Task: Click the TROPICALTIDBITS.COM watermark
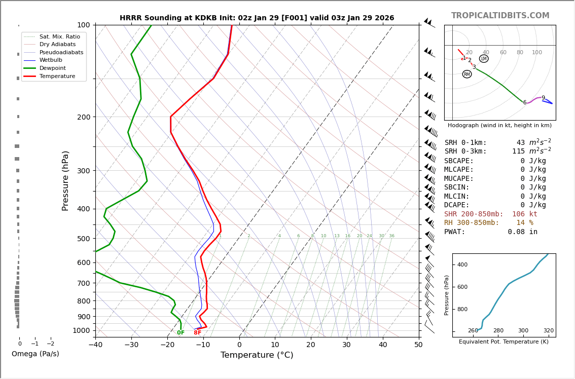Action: [500, 16]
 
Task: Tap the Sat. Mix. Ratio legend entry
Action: [59, 36]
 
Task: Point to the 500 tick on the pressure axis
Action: [83, 239]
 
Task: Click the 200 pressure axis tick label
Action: [83, 117]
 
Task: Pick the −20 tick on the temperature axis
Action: [167, 345]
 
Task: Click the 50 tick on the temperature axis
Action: [418, 345]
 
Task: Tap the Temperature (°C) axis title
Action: [257, 355]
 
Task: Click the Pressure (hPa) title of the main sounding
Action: [65, 180]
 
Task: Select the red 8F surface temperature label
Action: [197, 333]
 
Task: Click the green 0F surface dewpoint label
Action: [181, 333]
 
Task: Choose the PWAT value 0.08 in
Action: [522, 232]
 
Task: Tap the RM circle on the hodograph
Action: [467, 74]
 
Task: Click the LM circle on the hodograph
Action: [484, 59]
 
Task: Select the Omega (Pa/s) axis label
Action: [35, 354]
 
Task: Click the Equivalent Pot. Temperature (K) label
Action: [504, 342]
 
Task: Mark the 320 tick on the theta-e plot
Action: [549, 331]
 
